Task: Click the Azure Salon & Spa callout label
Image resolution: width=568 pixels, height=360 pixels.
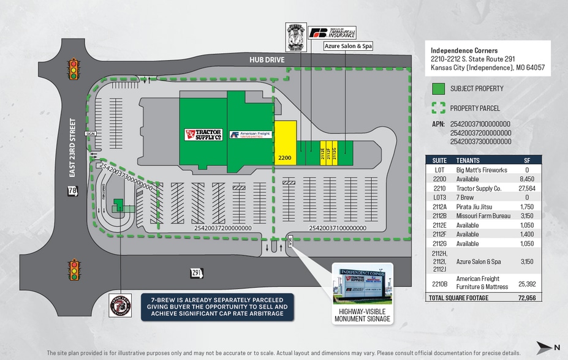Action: (347, 46)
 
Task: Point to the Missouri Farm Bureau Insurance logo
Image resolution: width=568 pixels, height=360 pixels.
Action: (332, 32)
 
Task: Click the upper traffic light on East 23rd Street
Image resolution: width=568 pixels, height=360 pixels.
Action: (74, 69)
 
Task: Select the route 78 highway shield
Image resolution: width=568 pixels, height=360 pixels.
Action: (73, 192)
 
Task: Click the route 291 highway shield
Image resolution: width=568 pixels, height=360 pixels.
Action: (196, 273)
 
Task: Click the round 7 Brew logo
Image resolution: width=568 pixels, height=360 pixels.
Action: (119, 304)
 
